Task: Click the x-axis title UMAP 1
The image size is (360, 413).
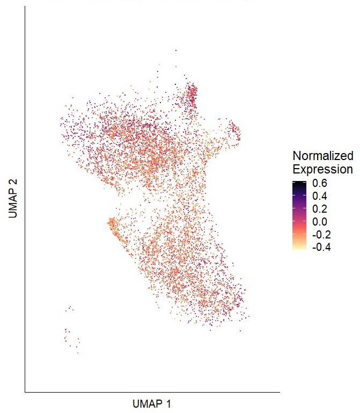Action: click(x=151, y=403)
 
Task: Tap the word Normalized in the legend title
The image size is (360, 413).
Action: click(x=323, y=156)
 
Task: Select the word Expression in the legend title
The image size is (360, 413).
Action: click(x=323, y=169)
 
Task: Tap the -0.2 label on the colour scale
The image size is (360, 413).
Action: click(x=319, y=234)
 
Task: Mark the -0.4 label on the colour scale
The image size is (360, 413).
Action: click(x=319, y=247)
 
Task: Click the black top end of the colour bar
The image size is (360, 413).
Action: click(x=299, y=183)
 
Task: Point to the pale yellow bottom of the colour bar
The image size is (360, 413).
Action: click(x=299, y=248)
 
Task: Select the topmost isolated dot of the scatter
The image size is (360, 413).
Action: click(x=175, y=51)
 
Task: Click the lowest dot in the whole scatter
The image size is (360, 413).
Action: click(x=78, y=353)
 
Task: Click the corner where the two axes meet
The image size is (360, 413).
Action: click(x=25, y=392)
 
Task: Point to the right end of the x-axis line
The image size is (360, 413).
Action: click(x=280, y=392)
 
